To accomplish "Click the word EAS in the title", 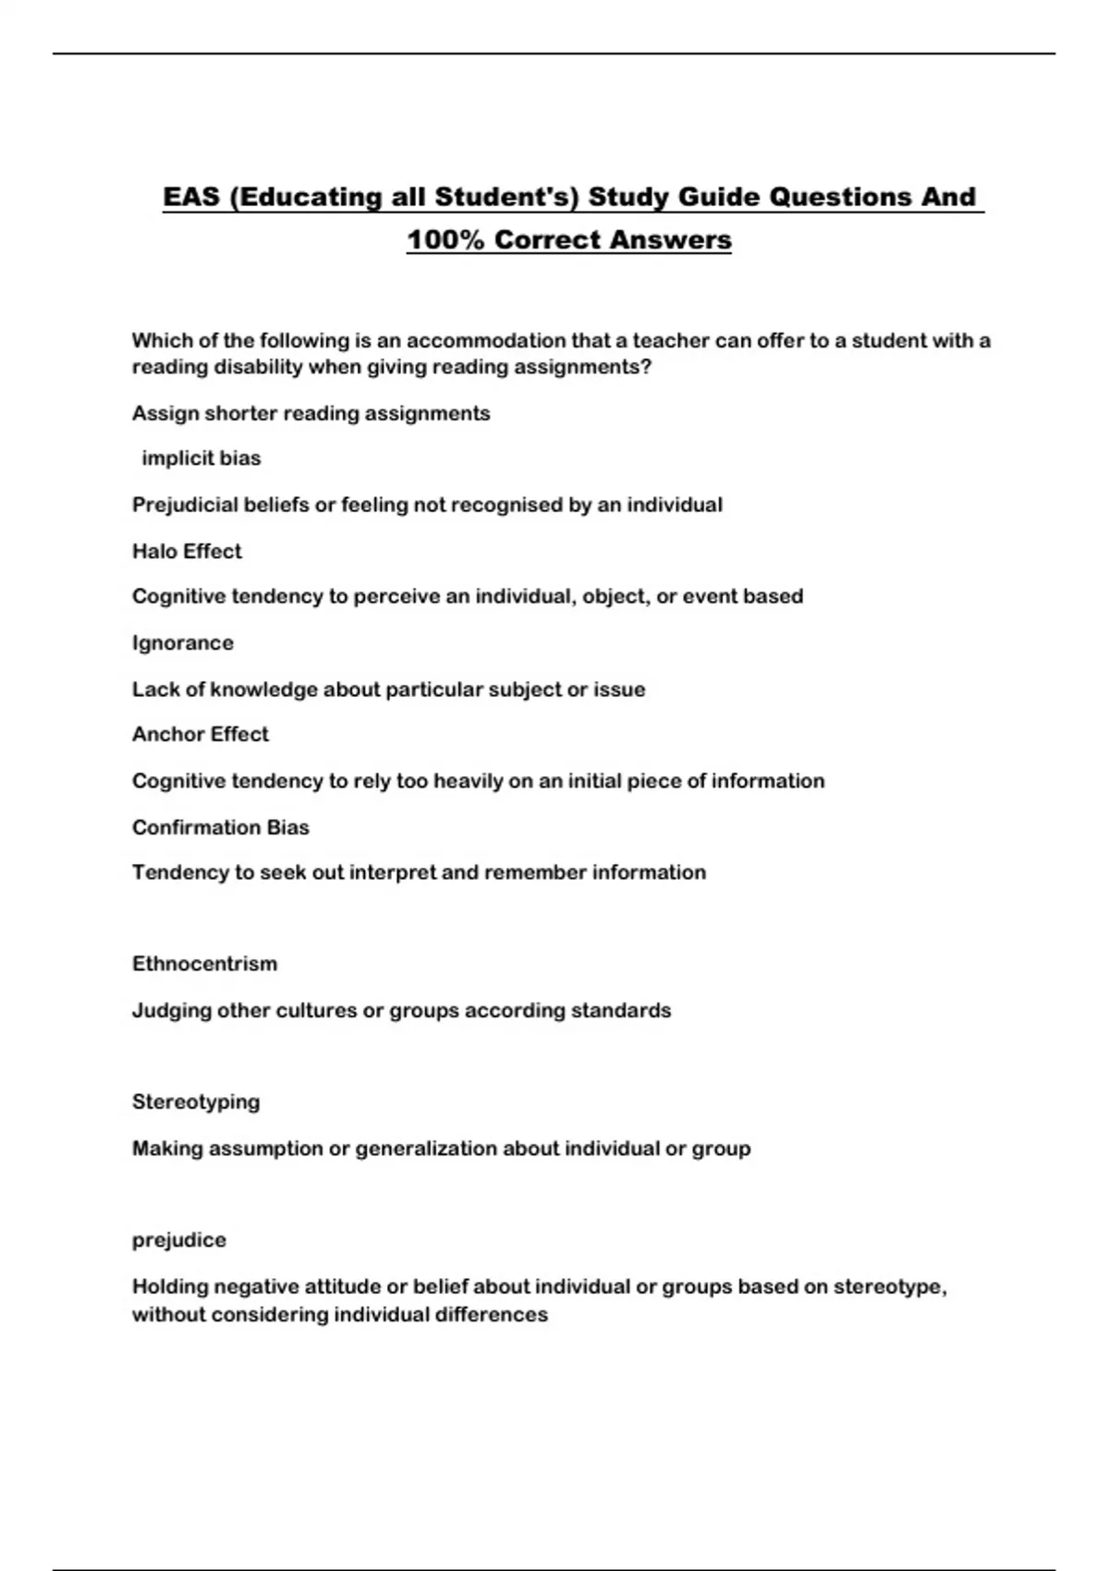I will [190, 197].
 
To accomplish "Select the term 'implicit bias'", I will [201, 458].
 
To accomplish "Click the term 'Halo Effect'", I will [187, 551].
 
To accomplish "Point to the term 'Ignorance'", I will [182, 643].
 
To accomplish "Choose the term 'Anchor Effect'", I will [200, 735].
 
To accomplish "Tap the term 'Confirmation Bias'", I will [220, 827].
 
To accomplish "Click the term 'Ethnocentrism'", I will [204, 964].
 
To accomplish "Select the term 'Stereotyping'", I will [196, 1102].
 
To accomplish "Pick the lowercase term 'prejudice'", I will [178, 1240].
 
